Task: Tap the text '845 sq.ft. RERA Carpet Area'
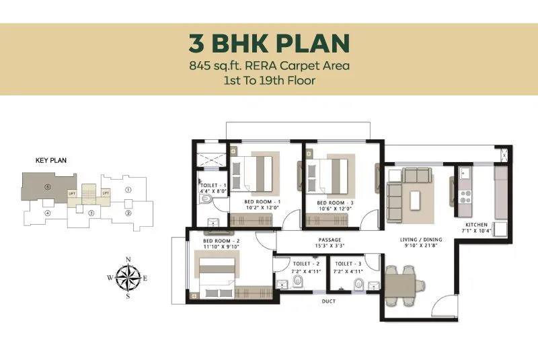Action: [269, 66]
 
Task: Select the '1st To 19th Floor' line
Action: [269, 80]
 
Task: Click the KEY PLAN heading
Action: [51, 161]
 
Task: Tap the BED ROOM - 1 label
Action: [260, 203]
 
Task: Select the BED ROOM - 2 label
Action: [222, 240]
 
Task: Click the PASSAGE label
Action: [330, 240]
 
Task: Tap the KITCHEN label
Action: [477, 225]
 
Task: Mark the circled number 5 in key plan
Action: [47, 186]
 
